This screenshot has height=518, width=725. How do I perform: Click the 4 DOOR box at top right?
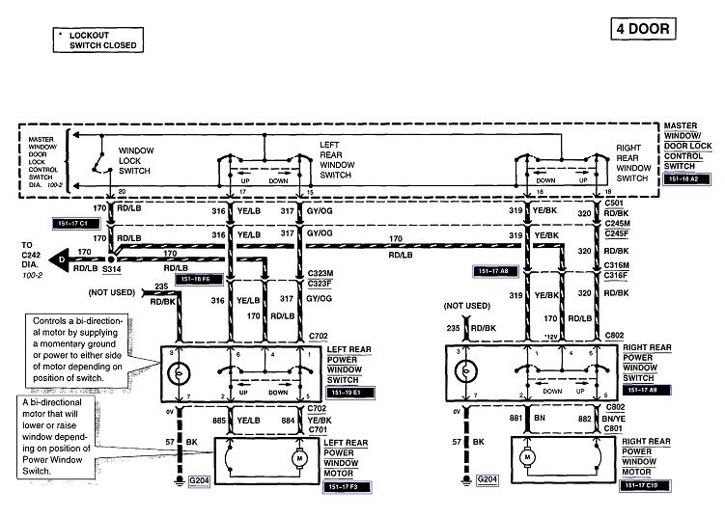641,28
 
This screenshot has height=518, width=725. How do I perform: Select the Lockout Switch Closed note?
97,39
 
